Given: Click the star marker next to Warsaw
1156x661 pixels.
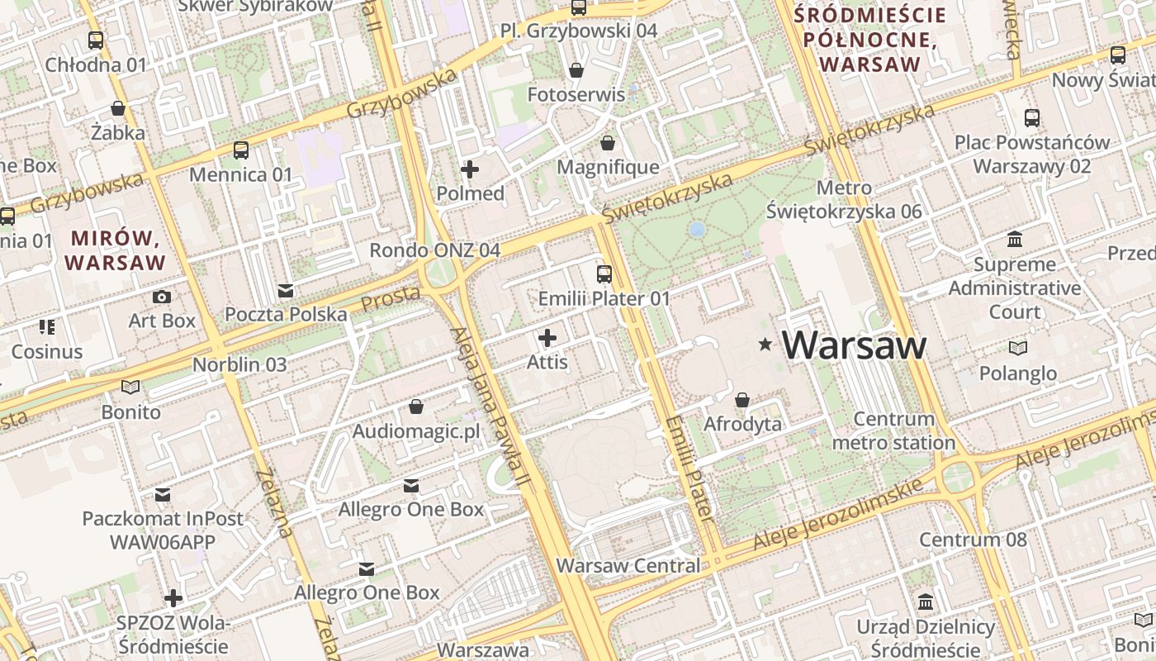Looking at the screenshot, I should click(765, 345).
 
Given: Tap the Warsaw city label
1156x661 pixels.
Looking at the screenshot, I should click(855, 345).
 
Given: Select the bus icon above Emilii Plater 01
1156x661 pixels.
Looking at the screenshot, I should click(604, 273).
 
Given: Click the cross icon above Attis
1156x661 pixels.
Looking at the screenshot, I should click(547, 337).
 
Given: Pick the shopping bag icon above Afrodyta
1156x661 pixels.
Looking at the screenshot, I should click(742, 400).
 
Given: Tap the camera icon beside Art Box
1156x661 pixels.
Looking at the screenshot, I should click(162, 297).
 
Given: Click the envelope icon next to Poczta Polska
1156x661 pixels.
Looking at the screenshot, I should click(286, 291).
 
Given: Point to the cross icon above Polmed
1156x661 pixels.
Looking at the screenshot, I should click(470, 169).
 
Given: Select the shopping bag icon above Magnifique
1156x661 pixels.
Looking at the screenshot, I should click(608, 143).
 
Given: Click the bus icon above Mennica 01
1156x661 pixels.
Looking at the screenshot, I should click(241, 150).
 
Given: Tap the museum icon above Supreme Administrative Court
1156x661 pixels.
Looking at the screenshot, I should click(1015, 240).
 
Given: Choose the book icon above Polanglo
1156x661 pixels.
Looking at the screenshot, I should click(1018, 349).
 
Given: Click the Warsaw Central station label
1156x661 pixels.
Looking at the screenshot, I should click(628, 566).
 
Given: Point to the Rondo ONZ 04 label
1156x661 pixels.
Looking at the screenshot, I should click(434, 250).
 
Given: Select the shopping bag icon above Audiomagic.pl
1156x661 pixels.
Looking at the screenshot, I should click(416, 407).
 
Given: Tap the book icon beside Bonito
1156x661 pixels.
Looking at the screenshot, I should click(130, 387).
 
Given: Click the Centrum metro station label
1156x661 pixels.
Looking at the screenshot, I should click(894, 430).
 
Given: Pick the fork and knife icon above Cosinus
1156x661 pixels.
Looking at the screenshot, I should click(46, 327).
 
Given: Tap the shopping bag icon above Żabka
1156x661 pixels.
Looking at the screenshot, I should click(118, 108).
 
